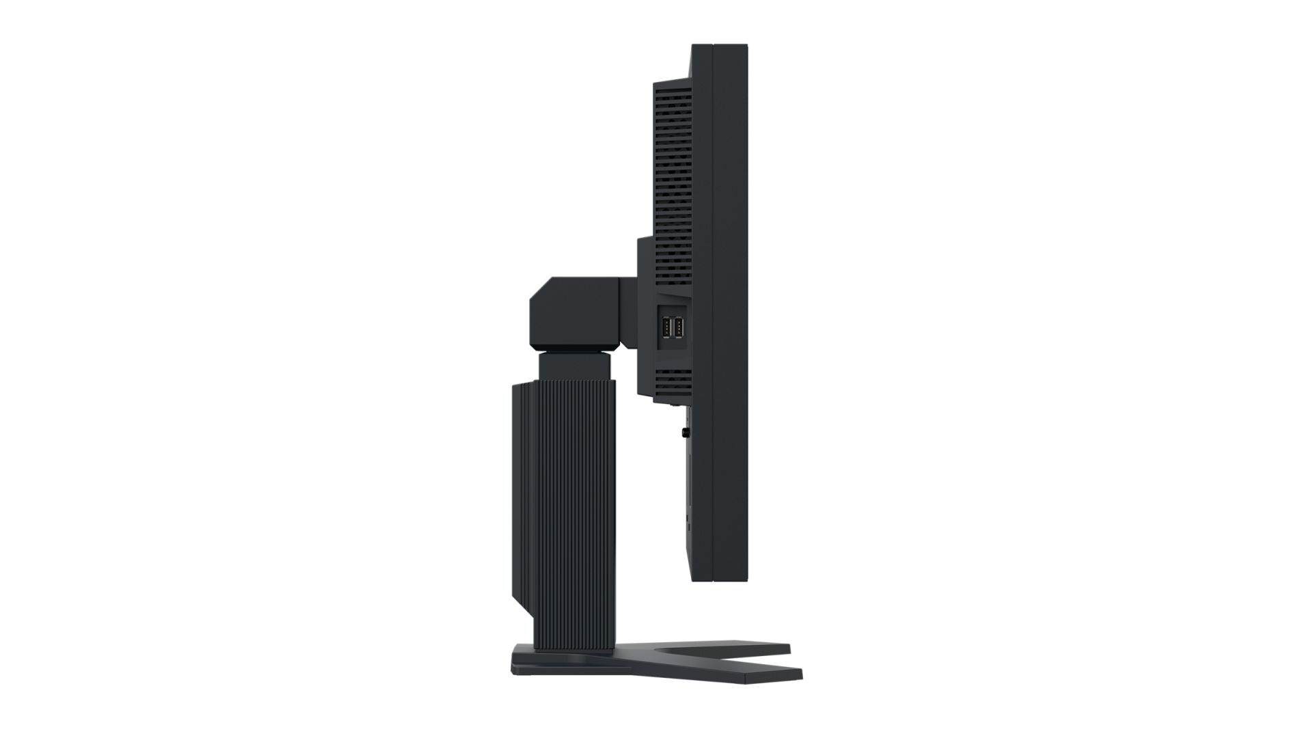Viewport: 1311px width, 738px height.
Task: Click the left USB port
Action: (666, 328)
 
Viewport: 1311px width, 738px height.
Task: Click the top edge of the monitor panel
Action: (720, 46)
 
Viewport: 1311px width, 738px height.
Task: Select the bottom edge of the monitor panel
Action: (720, 580)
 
